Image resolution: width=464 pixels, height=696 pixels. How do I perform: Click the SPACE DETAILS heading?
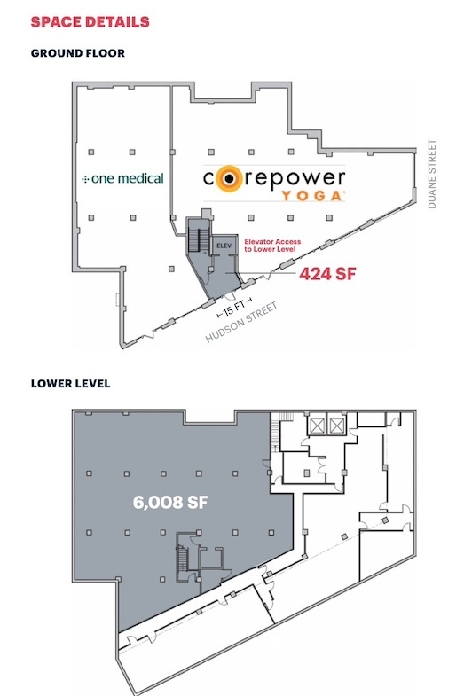[90, 22]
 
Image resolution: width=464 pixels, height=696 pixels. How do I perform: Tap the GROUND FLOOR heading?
[78, 53]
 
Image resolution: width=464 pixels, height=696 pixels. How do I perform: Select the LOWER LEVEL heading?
[71, 384]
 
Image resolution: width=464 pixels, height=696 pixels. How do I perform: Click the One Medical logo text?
[122, 178]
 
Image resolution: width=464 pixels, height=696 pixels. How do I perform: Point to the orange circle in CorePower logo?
[229, 178]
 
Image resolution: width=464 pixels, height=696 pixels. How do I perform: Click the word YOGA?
[313, 196]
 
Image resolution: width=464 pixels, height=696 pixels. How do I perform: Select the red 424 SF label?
[327, 274]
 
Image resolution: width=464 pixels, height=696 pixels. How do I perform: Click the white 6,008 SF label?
[170, 502]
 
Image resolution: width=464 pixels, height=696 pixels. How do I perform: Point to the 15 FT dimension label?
[234, 308]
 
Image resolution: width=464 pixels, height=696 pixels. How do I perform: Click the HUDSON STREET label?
[241, 322]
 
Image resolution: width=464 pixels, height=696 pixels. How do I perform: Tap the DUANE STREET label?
[432, 174]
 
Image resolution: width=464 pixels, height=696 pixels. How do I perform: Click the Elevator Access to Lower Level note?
[272, 246]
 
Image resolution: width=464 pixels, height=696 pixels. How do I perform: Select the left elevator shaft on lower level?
[317, 426]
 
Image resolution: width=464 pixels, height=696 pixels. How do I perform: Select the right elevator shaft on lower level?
[336, 426]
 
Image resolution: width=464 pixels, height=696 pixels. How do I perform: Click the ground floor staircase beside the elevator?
[199, 240]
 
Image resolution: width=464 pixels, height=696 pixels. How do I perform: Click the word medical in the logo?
[138, 178]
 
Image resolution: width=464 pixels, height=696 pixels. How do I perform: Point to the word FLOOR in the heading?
[106, 53]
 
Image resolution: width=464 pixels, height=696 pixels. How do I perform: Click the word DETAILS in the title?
[117, 22]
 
